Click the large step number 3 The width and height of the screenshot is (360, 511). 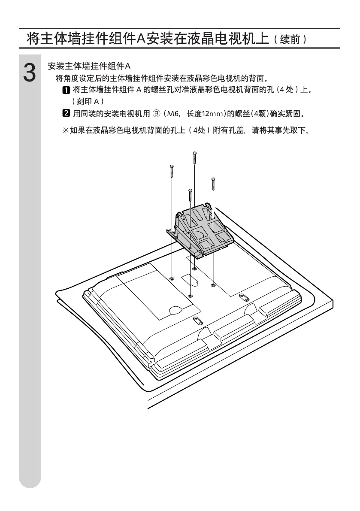point(29,73)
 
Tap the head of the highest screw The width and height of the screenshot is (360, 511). point(195,153)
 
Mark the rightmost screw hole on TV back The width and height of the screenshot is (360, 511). point(213,285)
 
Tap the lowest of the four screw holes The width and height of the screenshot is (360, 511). point(191,296)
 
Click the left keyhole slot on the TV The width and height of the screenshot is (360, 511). point(197,320)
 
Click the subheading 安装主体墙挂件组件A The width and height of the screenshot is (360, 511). point(88,66)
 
